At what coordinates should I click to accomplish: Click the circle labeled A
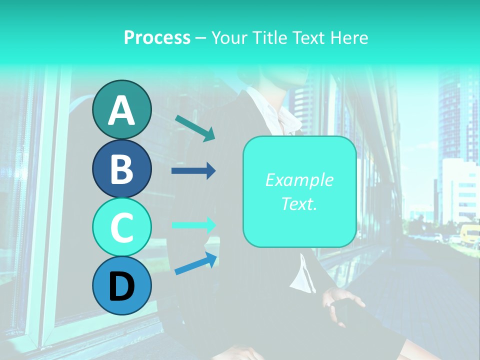click(x=121, y=110)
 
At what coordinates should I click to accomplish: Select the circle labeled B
click(x=121, y=169)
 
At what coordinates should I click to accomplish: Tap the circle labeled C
click(x=121, y=227)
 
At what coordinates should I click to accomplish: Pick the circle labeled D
click(x=121, y=285)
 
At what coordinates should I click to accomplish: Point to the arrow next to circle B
click(x=193, y=171)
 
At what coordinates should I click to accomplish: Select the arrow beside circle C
click(x=193, y=225)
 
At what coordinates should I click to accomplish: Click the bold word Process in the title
click(x=157, y=37)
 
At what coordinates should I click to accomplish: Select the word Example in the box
click(x=299, y=180)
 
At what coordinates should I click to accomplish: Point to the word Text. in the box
click(x=299, y=203)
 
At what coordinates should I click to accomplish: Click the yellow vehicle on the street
click(x=470, y=234)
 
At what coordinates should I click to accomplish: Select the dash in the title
click(x=200, y=38)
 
